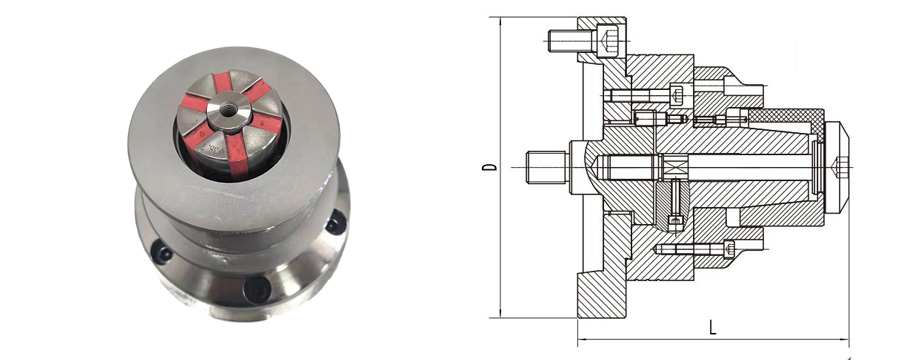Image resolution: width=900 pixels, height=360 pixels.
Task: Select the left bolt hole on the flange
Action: click(161, 253)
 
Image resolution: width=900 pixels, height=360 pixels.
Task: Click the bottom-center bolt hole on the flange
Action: click(256, 288)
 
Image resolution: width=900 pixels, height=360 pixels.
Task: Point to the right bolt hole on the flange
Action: click(336, 222)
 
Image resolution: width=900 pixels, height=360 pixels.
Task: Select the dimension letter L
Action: click(712, 327)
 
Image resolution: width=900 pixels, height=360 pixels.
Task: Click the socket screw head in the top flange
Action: click(609, 41)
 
